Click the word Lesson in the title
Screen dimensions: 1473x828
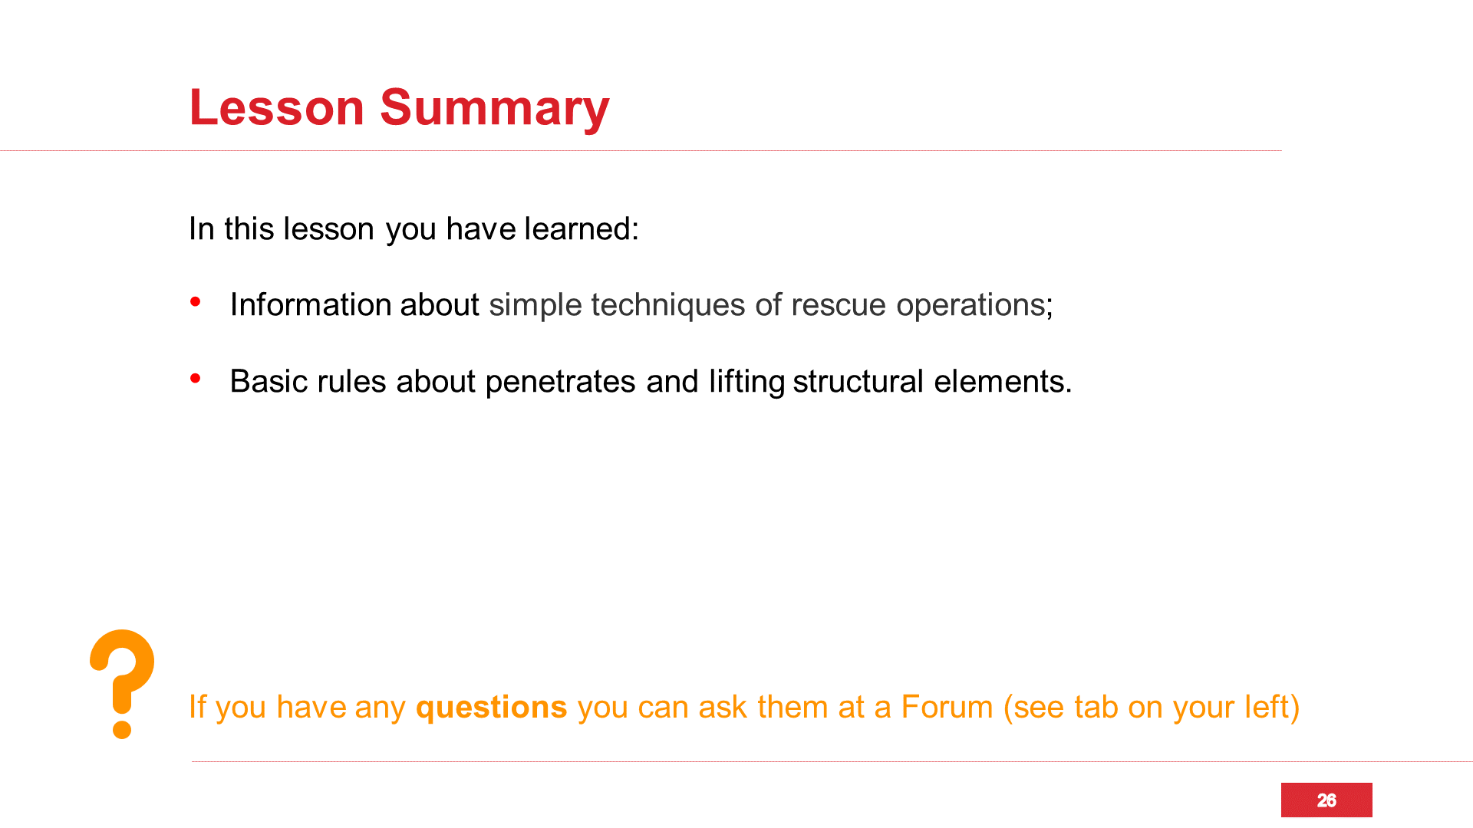[x=276, y=107]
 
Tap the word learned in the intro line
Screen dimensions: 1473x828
[x=582, y=228]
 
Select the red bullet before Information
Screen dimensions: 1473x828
[x=196, y=302]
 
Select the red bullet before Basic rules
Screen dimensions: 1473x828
[x=196, y=378]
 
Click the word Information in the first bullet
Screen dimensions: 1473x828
[x=311, y=304]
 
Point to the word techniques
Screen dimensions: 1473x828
[x=667, y=306]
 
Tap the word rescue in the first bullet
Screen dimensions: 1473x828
[x=839, y=306]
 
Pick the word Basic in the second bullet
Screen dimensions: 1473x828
[x=269, y=381]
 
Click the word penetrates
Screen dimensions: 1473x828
[x=560, y=383]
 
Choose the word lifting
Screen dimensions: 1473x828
[x=746, y=383]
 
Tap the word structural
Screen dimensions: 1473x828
[x=858, y=381]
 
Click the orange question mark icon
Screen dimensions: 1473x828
[x=122, y=684]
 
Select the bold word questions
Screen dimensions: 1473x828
[x=491, y=708]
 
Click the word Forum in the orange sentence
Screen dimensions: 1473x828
[x=947, y=707]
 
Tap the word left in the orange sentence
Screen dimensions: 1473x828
[x=1266, y=707]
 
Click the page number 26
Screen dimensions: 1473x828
[x=1326, y=800]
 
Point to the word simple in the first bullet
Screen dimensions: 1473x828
[x=535, y=306]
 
